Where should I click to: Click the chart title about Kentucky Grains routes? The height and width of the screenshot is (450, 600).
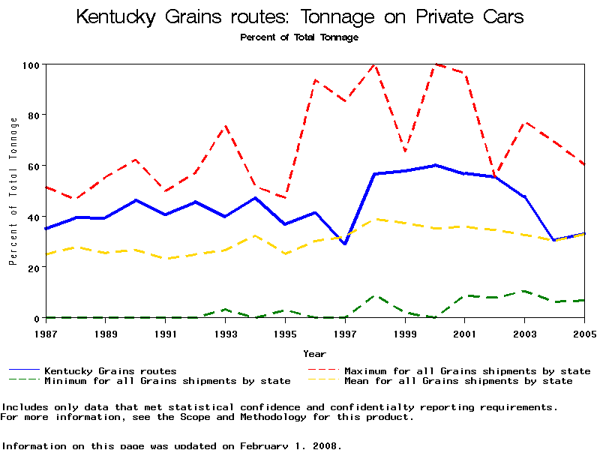300,17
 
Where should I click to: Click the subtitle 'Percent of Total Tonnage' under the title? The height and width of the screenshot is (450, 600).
299,37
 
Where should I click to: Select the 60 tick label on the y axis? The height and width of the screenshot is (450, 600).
32,166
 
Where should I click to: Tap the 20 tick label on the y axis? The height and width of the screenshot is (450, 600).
32,268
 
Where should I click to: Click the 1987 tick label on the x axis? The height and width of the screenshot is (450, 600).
45,333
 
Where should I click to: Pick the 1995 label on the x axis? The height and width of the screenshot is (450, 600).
285,333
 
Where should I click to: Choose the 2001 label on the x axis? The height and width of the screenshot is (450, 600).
465,333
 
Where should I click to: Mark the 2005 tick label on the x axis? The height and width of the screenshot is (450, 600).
584,333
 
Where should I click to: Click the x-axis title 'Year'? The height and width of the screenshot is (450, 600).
314,353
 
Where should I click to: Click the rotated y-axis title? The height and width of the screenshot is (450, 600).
13,191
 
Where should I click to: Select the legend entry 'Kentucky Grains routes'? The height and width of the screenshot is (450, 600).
110,370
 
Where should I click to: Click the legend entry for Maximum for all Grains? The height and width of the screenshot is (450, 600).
466,370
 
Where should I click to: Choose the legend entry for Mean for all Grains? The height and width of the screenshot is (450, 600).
457,381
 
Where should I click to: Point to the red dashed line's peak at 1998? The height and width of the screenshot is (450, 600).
374,65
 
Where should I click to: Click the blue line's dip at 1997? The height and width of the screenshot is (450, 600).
345,244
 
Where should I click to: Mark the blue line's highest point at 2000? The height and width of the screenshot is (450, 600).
435,165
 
